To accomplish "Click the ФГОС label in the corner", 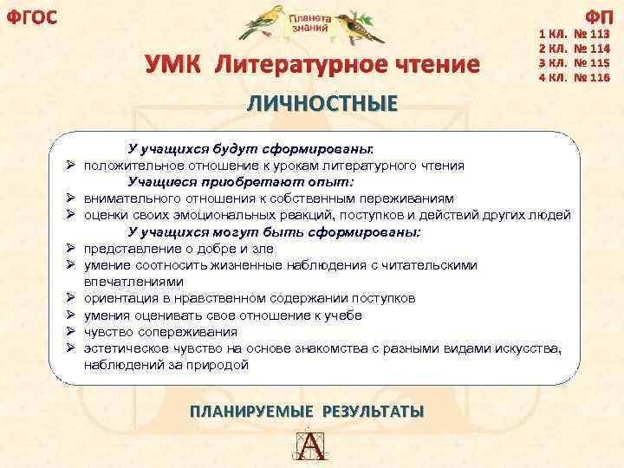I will point(32,16).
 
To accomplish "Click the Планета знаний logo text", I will point(309,23).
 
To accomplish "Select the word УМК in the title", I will point(173,65).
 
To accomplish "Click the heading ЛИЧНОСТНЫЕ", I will point(322,103).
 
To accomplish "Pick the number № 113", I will point(592,36).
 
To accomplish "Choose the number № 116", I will point(592,77).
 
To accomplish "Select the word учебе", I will point(343,315).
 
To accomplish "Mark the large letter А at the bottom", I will point(311,446).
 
